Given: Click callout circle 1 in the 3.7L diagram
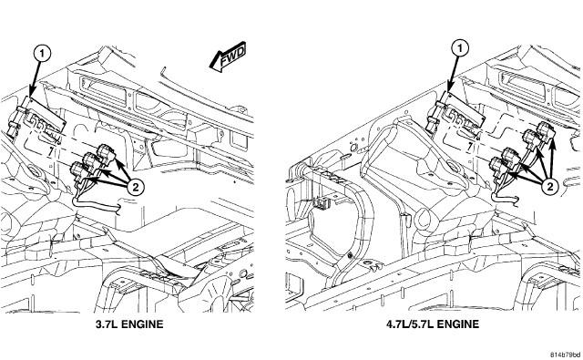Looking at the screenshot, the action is coord(42,54).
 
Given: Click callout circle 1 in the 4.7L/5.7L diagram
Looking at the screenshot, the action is coord(461,48).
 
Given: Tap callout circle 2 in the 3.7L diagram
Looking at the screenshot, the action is coord(136,187).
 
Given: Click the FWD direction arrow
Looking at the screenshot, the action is coord(228,57).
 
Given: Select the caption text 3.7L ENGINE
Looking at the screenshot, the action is coord(129,324).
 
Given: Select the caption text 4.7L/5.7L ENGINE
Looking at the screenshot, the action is coord(433,324).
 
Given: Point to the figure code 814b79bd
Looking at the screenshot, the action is coord(566,354).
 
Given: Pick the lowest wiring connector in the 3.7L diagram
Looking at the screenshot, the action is coord(79,172).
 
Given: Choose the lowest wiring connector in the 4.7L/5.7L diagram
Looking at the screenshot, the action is coord(498,168).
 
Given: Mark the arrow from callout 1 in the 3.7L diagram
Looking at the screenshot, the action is coord(36,78).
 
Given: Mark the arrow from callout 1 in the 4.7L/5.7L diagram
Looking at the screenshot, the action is coord(454,74).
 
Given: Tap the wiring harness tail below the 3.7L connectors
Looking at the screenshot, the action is coord(95,204).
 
